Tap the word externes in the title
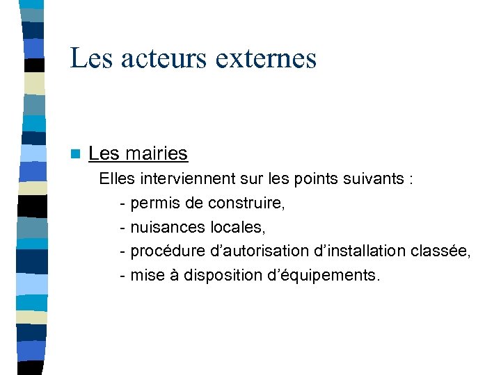pos(267,58)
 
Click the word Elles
pos(117,179)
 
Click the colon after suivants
pos(413,180)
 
